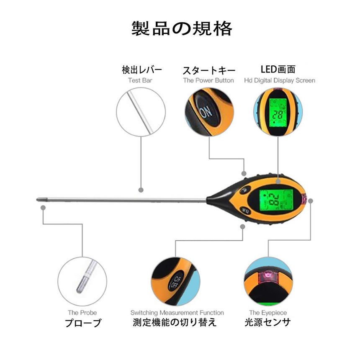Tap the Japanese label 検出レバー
point(141,69)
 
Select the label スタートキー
point(209,70)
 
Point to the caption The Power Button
point(208,80)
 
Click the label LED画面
point(278,69)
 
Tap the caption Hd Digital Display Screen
point(280,80)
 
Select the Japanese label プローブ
point(83,323)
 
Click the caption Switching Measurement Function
point(177,313)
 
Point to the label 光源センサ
point(268,323)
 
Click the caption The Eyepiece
point(268,313)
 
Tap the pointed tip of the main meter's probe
point(39,200)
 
